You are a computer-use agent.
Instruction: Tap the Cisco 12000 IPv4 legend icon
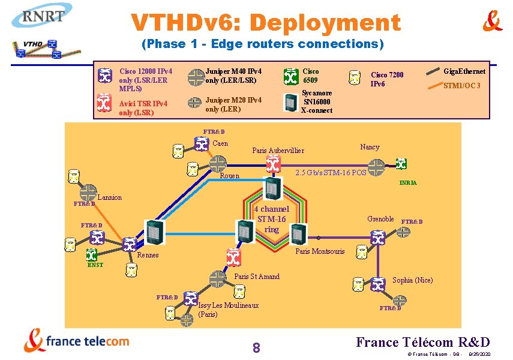click(x=105, y=76)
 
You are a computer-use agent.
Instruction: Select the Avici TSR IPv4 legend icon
click(x=105, y=103)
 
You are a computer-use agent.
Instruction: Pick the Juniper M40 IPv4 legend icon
click(x=196, y=77)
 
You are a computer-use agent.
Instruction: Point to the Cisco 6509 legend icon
click(x=291, y=76)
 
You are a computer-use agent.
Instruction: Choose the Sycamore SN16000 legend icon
click(x=291, y=103)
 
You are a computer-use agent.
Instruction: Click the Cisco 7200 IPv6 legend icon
click(x=356, y=76)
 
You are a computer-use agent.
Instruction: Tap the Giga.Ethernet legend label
click(x=464, y=71)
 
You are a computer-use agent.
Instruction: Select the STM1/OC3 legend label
click(x=462, y=86)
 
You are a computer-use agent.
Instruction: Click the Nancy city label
click(x=370, y=147)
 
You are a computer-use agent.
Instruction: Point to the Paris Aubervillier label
click(x=278, y=151)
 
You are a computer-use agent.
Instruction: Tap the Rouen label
click(x=230, y=176)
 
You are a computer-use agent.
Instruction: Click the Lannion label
click(x=109, y=197)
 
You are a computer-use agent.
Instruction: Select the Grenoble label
click(x=380, y=219)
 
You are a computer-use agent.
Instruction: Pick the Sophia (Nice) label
click(x=412, y=280)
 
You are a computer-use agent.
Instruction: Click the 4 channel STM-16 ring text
click(x=272, y=219)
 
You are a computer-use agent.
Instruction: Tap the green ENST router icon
click(x=92, y=254)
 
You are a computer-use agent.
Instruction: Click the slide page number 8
click(x=256, y=347)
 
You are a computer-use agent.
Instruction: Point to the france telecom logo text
click(x=88, y=341)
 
